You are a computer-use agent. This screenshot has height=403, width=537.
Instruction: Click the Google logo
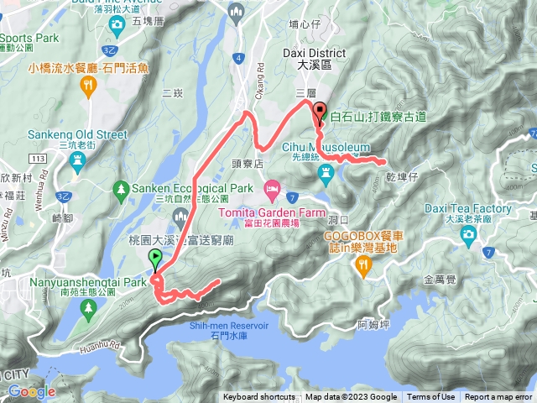31,391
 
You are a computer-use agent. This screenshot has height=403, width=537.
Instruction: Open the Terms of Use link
430,397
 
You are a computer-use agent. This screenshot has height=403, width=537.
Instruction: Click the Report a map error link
498,397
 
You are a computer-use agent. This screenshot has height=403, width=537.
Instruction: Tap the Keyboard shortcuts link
258,397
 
